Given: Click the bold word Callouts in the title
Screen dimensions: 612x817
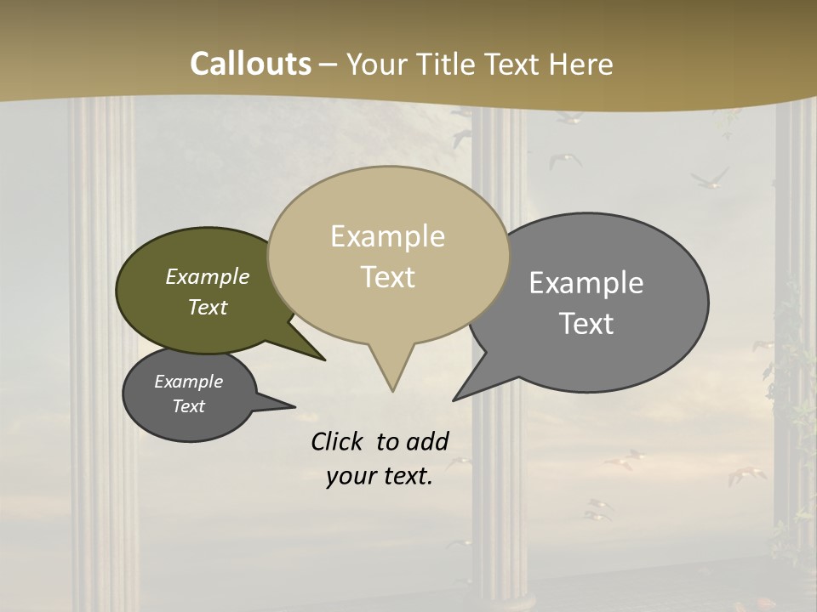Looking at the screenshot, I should click(250, 64).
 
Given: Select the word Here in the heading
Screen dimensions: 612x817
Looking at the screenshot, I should click(583, 64).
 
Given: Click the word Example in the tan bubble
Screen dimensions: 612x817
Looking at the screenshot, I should click(387, 236).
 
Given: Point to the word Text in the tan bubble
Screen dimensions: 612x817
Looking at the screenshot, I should click(387, 277).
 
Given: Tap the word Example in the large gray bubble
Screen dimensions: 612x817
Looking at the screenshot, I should click(586, 282).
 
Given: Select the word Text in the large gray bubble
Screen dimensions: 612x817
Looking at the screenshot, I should click(586, 323).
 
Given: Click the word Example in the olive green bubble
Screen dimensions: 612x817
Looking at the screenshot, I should click(208, 276).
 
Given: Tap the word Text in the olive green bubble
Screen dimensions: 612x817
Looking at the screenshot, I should click(208, 307).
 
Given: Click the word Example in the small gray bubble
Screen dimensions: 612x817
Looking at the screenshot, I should click(188, 382).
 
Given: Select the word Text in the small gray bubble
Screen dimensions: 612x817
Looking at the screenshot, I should click(188, 406).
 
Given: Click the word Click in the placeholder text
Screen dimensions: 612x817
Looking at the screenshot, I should click(338, 441).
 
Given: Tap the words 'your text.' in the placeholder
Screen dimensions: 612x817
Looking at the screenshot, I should click(379, 477).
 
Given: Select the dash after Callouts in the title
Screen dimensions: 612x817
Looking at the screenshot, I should click(330, 64).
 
